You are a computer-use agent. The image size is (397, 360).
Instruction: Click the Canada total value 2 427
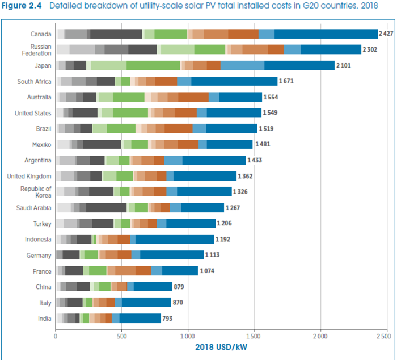pyautogui.click(x=386, y=34)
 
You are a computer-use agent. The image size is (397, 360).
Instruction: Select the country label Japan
pyautogui.click(x=42, y=65)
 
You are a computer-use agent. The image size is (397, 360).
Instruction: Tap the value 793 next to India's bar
pyautogui.click(x=167, y=319)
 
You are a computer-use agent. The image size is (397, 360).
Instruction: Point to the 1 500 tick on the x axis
pyautogui.click(x=254, y=336)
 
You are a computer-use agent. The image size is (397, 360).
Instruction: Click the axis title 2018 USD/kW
pyautogui.click(x=222, y=347)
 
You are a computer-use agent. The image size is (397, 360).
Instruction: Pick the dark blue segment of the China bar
pyautogui.click(x=153, y=286)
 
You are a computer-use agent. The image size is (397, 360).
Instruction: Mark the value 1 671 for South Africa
pyautogui.click(x=286, y=81)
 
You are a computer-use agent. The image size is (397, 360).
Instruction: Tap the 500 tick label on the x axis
pyautogui.click(x=122, y=336)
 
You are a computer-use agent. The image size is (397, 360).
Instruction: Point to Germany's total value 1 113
pyautogui.click(x=212, y=255)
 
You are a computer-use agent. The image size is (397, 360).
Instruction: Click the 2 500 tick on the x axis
pyautogui.click(x=387, y=336)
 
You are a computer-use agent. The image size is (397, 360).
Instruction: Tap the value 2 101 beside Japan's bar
pyautogui.click(x=344, y=66)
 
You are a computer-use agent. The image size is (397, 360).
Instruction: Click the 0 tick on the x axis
pyautogui.click(x=56, y=336)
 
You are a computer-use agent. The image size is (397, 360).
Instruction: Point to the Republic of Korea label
pyautogui.click(x=36, y=192)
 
